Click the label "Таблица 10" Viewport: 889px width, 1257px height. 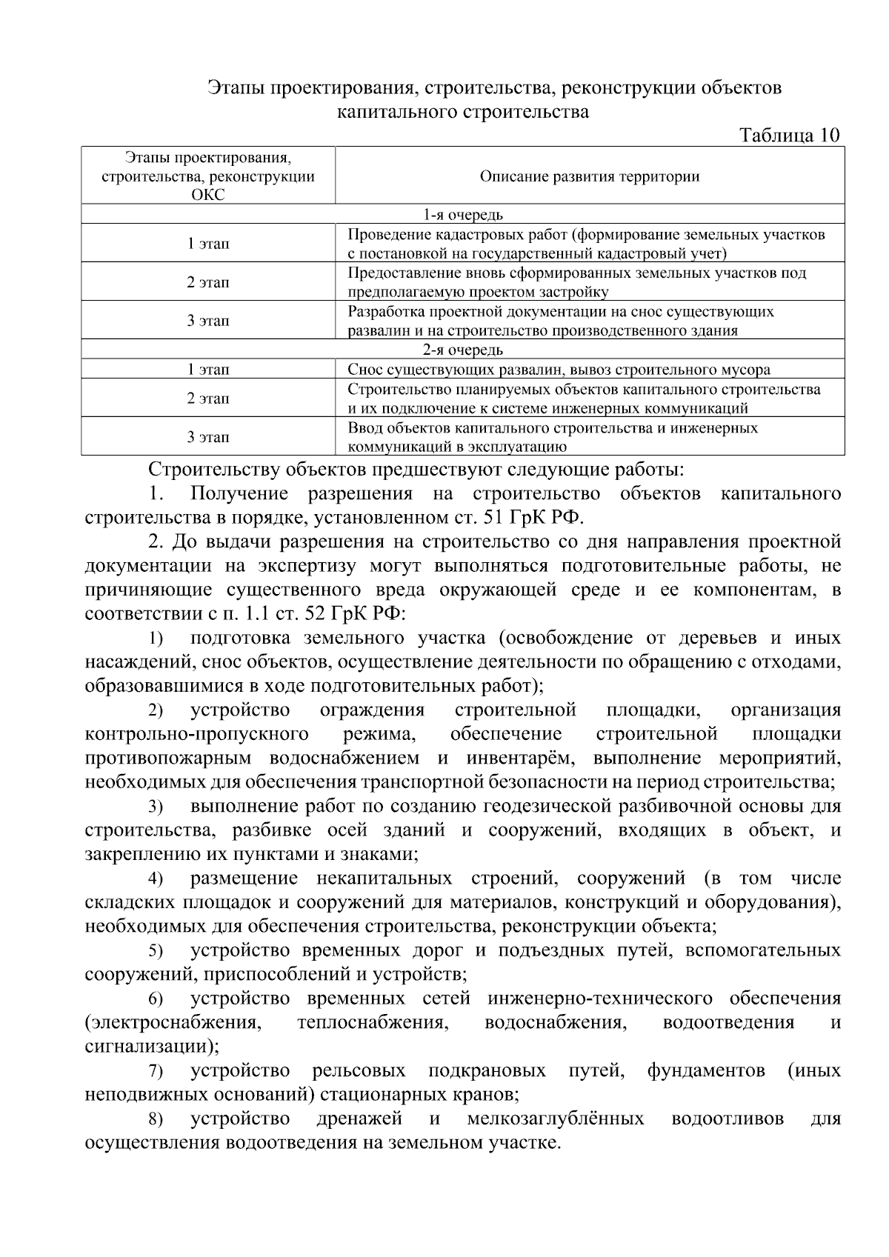pyautogui.click(x=790, y=136)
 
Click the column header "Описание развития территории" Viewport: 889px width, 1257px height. pyautogui.click(x=589, y=176)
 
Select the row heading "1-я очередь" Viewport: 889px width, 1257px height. pyautogui.click(x=463, y=215)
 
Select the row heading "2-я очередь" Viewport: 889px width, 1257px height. pyautogui.click(x=463, y=350)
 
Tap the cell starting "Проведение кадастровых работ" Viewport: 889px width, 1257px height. pyautogui.click(x=586, y=244)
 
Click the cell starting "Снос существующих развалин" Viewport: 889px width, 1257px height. pyautogui.click(x=559, y=370)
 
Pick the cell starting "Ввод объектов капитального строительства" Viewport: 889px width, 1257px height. pyautogui.click(x=553, y=437)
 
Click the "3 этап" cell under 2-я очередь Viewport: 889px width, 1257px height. pyautogui.click(x=208, y=437)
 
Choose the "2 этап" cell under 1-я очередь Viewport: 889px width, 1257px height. pyautogui.click(x=208, y=282)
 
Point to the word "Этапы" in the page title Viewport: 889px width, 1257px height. pyautogui.click(x=233, y=88)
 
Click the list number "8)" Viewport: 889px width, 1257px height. pyautogui.click(x=155, y=1119)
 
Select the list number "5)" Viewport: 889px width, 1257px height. pyautogui.click(x=155, y=951)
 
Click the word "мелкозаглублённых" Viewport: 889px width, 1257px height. pyautogui.click(x=555, y=1118)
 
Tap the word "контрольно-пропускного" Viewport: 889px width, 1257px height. pyautogui.click(x=196, y=734)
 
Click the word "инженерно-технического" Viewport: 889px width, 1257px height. pyautogui.click(x=600, y=998)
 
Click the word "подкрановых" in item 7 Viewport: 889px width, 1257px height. pyautogui.click(x=487, y=1070)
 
